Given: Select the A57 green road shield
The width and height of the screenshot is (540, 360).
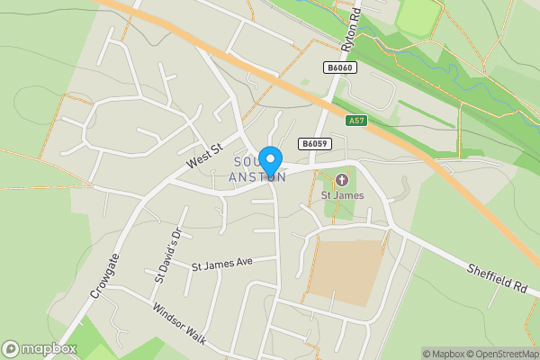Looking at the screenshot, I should (355, 120).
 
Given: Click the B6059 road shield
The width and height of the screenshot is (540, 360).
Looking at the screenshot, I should (315, 143).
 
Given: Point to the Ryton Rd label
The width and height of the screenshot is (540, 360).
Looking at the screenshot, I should (351, 32).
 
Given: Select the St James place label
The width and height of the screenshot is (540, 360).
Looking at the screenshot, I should (342, 193).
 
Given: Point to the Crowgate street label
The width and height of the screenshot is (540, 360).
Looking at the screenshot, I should (104, 275).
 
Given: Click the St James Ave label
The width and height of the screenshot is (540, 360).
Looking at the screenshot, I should (221, 265).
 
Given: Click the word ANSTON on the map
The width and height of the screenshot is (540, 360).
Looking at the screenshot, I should (257, 177).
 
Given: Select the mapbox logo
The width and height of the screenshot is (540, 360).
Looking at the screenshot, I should (38, 348).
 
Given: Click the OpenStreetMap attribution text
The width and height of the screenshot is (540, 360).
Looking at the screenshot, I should (492, 354).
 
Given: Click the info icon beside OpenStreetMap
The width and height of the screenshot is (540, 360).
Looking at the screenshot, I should (533, 354).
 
